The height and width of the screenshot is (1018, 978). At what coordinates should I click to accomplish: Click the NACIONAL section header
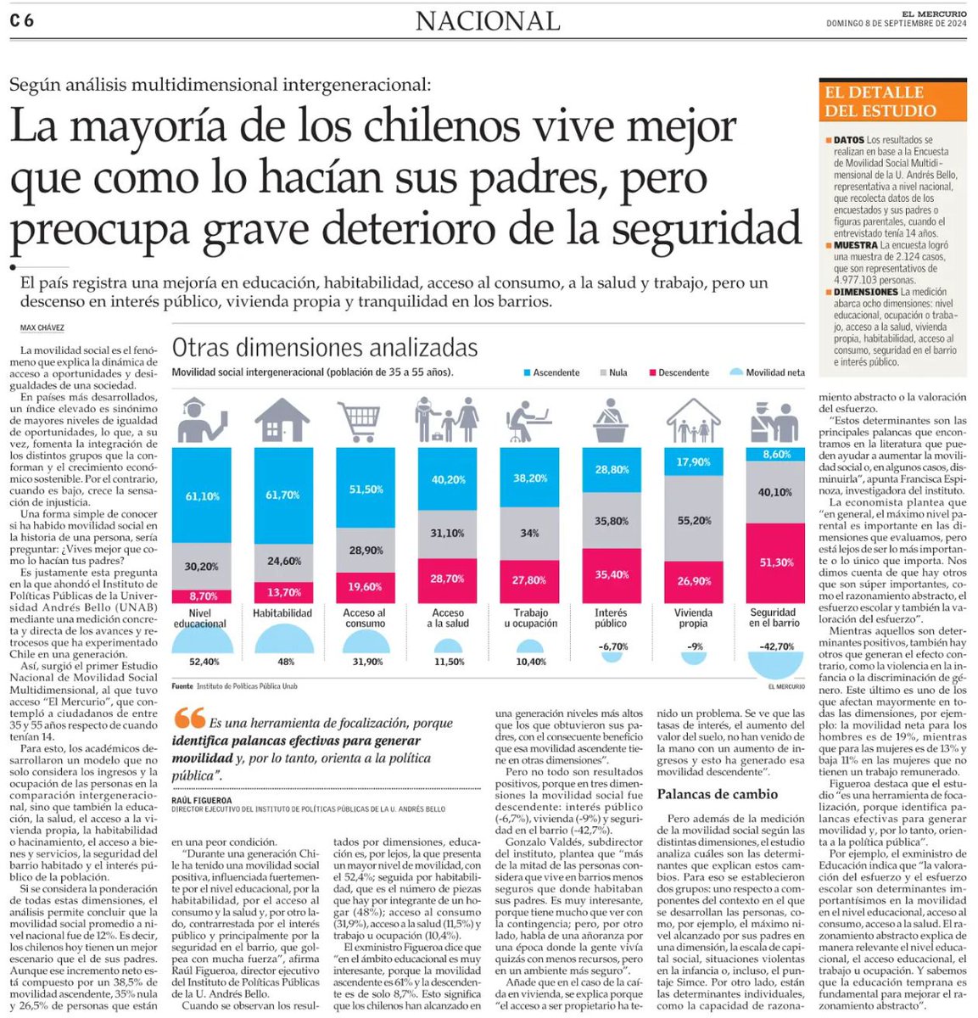tap(488, 21)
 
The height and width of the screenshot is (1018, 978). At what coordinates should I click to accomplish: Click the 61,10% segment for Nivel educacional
tap(201, 495)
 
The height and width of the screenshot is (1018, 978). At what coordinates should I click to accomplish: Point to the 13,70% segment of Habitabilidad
tap(282, 592)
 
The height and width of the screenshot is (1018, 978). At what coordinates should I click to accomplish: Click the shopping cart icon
tap(359, 422)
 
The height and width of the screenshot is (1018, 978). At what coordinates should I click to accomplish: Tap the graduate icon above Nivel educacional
tap(202, 421)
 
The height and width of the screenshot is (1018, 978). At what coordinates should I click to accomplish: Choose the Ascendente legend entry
tap(552, 372)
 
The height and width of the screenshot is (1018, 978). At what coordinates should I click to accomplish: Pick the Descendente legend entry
tap(679, 372)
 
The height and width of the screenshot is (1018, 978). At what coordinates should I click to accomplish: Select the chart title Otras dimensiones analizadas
tap(325, 348)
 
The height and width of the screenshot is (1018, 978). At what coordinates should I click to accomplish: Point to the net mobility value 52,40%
tap(204, 662)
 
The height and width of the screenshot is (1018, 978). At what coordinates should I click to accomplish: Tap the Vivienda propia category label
tap(693, 618)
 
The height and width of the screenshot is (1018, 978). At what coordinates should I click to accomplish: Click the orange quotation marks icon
tap(189, 720)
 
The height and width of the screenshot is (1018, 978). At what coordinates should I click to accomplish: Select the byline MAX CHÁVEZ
tap(42, 328)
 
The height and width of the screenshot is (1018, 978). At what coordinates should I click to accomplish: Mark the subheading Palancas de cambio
tap(717, 794)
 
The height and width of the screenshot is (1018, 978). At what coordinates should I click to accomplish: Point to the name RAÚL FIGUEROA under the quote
tap(202, 800)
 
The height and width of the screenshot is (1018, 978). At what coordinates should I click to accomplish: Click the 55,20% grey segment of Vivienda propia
tap(693, 520)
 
